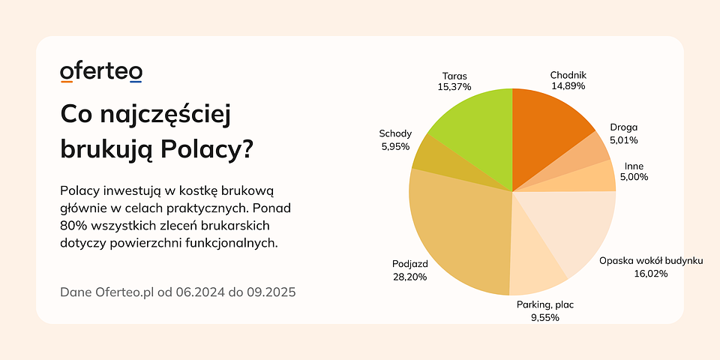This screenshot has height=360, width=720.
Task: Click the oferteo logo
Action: click(x=101, y=72)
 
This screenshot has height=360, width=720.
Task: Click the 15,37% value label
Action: click(x=454, y=87)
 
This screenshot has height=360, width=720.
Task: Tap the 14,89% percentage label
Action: click(x=568, y=86)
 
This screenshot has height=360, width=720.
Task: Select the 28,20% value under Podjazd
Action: click(x=409, y=277)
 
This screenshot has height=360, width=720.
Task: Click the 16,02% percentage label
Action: click(x=650, y=274)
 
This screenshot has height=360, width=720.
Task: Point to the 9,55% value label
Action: click(x=544, y=317)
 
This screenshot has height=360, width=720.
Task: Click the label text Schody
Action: click(x=395, y=134)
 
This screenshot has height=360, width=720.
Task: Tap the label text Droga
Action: click(x=623, y=127)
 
